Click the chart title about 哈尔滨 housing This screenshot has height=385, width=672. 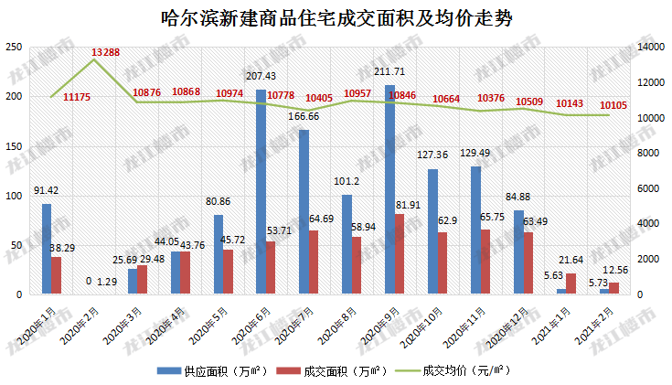pos(336,17)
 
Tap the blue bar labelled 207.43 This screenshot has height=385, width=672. pos(261,192)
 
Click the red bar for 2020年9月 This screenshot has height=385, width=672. pos(400,254)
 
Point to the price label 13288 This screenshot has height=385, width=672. pos(106,51)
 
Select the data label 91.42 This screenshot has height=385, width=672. pos(47,190)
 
